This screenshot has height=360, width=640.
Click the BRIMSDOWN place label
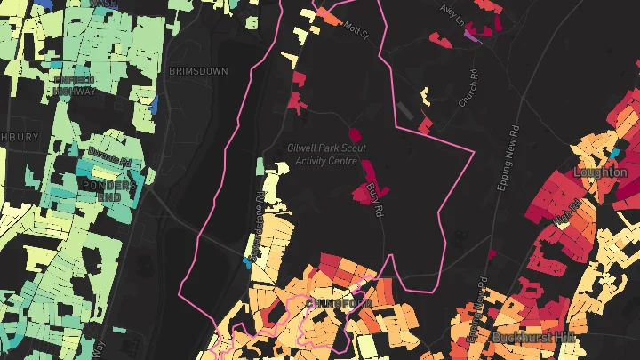197,71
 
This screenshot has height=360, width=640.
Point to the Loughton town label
601,172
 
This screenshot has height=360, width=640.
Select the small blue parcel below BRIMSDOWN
154,105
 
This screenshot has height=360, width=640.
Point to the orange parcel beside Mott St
331,15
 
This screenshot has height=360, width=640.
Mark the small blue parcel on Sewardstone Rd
248,263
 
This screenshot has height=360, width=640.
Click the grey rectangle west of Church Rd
407,111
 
